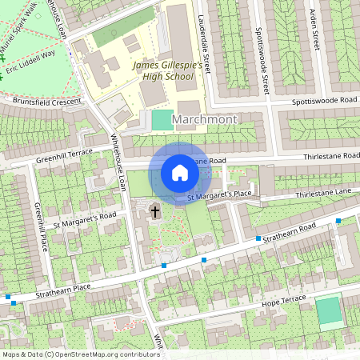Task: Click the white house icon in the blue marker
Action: pos(180,173)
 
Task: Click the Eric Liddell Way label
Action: pos(31,62)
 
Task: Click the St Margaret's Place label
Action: pos(219,195)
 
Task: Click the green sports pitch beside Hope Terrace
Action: pos(328,310)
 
